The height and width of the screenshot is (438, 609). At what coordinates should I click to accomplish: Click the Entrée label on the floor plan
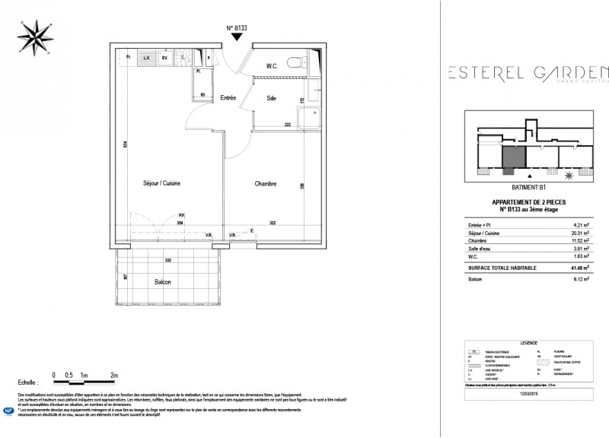pyautogui.click(x=228, y=98)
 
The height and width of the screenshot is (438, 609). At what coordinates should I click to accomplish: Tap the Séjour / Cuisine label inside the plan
pyautogui.click(x=161, y=183)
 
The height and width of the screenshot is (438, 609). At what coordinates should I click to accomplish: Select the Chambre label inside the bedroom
pyautogui.click(x=266, y=183)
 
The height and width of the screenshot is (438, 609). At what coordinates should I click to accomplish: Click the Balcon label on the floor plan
pyautogui.click(x=162, y=281)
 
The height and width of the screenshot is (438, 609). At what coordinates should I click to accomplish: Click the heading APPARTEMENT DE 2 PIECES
pyautogui.click(x=528, y=202)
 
